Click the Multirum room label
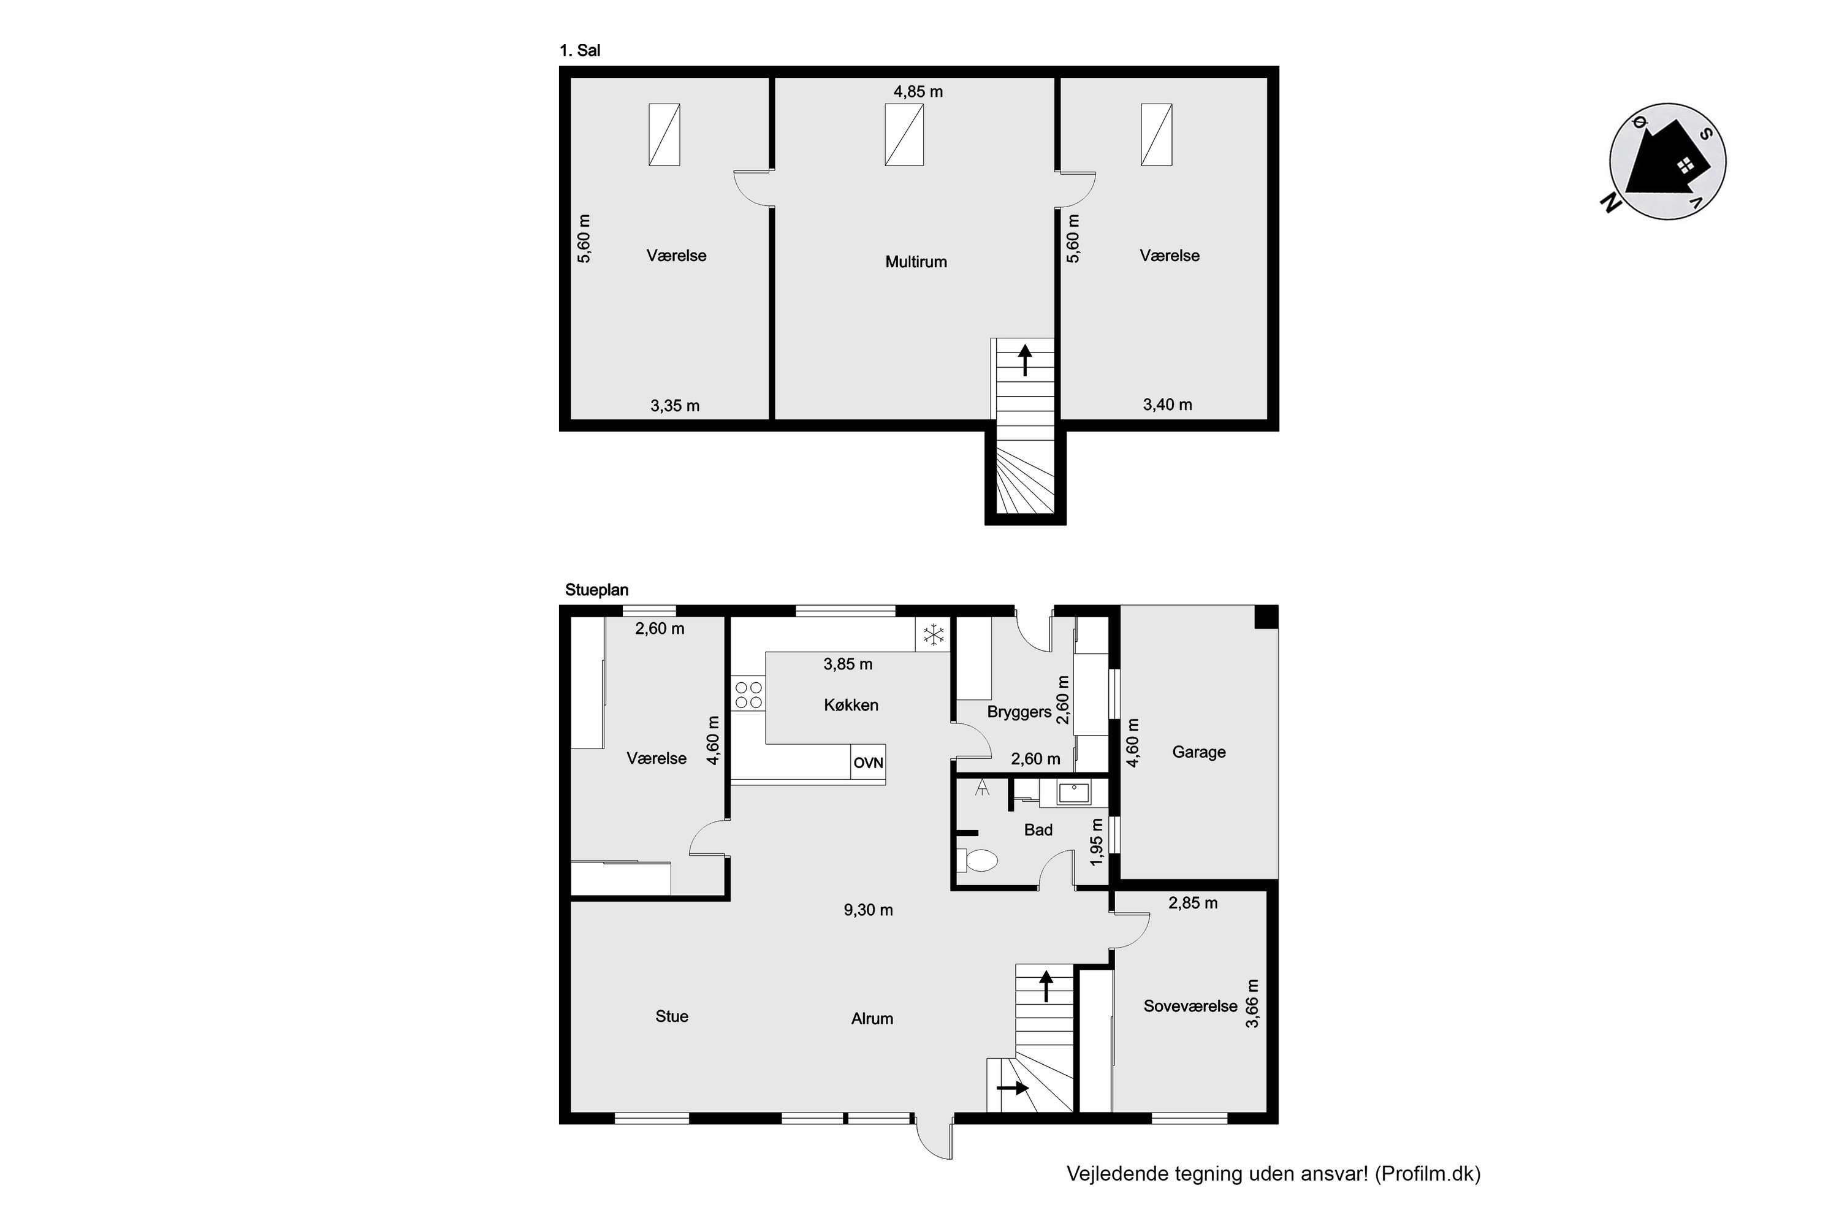coord(916,262)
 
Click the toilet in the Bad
coord(977,860)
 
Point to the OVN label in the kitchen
coord(868,763)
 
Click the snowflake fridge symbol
coord(934,635)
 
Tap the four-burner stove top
coord(748,695)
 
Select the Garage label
coord(1198,752)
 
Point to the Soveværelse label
coord(1190,1007)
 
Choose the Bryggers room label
coord(1019,712)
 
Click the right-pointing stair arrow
coord(1013,1087)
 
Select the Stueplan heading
coord(596,590)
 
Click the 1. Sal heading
coord(579,51)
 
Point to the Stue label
coord(672,1016)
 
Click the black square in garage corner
coord(1266,616)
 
